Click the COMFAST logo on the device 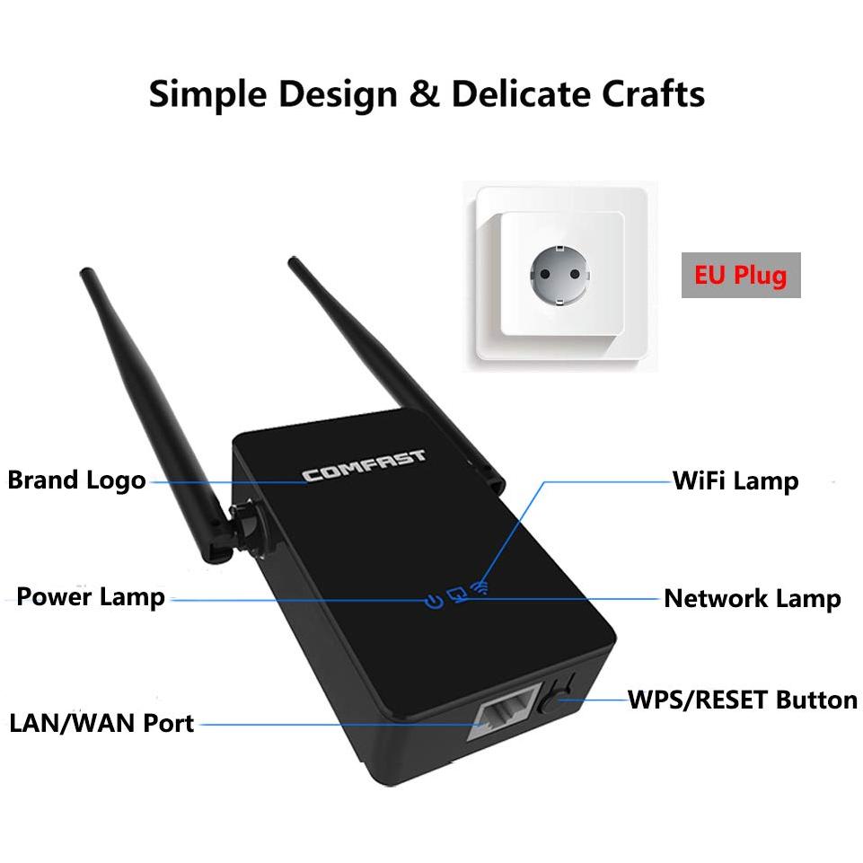click(x=364, y=466)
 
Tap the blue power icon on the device click(x=435, y=601)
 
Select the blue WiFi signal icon click(x=480, y=587)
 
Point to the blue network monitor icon click(x=457, y=594)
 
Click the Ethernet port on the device click(x=502, y=713)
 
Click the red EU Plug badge click(x=741, y=275)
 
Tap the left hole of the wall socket click(x=545, y=274)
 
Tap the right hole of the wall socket click(x=575, y=274)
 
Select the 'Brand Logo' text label click(x=76, y=480)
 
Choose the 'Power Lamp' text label click(x=91, y=597)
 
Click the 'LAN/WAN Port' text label click(x=101, y=723)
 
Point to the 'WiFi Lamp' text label click(x=735, y=481)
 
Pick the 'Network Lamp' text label click(x=753, y=599)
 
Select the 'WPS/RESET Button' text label click(x=743, y=700)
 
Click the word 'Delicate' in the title click(x=519, y=93)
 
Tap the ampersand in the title click(x=425, y=93)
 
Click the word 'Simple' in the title click(x=208, y=94)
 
